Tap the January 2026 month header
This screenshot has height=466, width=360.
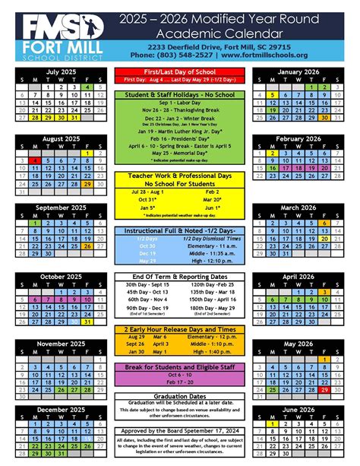pyautogui.click(x=297, y=70)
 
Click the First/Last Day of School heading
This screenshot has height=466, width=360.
pyautogui.click(x=179, y=70)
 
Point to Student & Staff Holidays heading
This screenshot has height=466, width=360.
pyautogui.click(x=179, y=95)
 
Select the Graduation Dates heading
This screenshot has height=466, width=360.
pyautogui.click(x=179, y=396)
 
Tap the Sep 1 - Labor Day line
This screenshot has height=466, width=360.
pyautogui.click(x=179, y=104)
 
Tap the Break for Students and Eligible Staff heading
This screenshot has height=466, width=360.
pyautogui.click(x=179, y=367)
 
